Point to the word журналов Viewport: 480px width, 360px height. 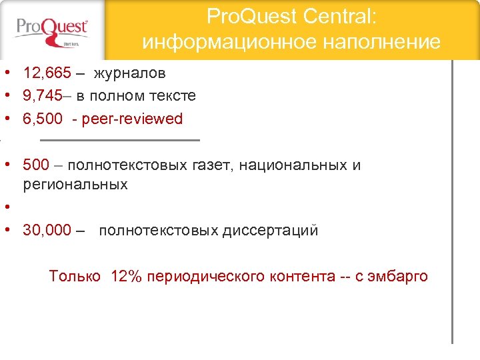129,73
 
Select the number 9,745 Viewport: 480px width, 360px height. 41,95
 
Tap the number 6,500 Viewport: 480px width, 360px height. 41,119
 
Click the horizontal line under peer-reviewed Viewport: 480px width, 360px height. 120,140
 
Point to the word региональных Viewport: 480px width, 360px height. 75,184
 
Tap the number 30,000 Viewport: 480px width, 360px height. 47,231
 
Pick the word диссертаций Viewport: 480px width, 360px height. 270,231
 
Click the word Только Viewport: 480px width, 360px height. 75,276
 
